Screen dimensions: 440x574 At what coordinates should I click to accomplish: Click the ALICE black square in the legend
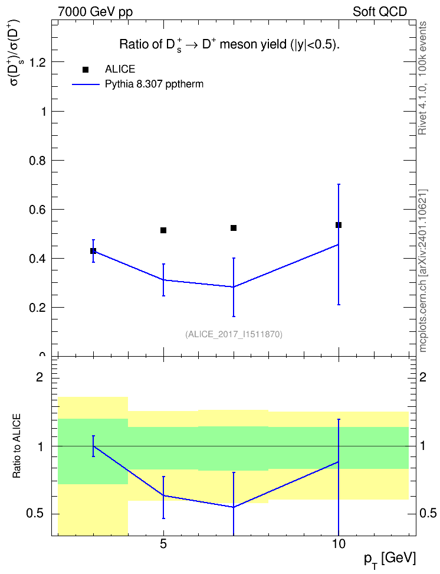click(86, 70)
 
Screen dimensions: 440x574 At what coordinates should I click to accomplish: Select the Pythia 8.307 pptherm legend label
click(154, 84)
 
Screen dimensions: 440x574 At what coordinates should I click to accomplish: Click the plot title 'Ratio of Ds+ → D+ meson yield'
click(229, 45)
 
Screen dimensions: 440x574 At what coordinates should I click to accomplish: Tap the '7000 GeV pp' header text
click(95, 12)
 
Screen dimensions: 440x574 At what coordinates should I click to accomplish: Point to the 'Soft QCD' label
click(380, 12)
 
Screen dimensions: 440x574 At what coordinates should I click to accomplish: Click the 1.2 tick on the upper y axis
click(38, 63)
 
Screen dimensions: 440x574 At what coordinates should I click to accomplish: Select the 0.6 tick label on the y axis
click(38, 210)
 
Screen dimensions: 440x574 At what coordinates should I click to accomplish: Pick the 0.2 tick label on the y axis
click(38, 308)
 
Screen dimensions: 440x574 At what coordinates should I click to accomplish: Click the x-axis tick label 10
click(339, 544)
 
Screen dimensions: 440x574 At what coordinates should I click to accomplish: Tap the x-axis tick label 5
click(163, 544)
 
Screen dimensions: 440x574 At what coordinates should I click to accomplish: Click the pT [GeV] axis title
click(390, 560)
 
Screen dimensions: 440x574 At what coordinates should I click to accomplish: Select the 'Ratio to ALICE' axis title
click(17, 446)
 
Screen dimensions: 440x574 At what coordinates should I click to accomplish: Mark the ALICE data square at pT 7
click(234, 228)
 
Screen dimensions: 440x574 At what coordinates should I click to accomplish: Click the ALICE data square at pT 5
click(163, 230)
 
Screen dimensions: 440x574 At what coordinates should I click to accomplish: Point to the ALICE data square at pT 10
click(339, 225)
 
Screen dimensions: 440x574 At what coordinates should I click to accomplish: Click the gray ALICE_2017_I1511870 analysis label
click(234, 334)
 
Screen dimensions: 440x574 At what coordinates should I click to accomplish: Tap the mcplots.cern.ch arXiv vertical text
click(423, 271)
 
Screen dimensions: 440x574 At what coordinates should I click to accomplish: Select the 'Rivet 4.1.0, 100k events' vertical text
click(423, 79)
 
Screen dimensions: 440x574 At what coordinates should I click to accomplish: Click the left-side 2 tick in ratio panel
click(40, 377)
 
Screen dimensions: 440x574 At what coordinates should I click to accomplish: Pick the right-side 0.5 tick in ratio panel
click(428, 514)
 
